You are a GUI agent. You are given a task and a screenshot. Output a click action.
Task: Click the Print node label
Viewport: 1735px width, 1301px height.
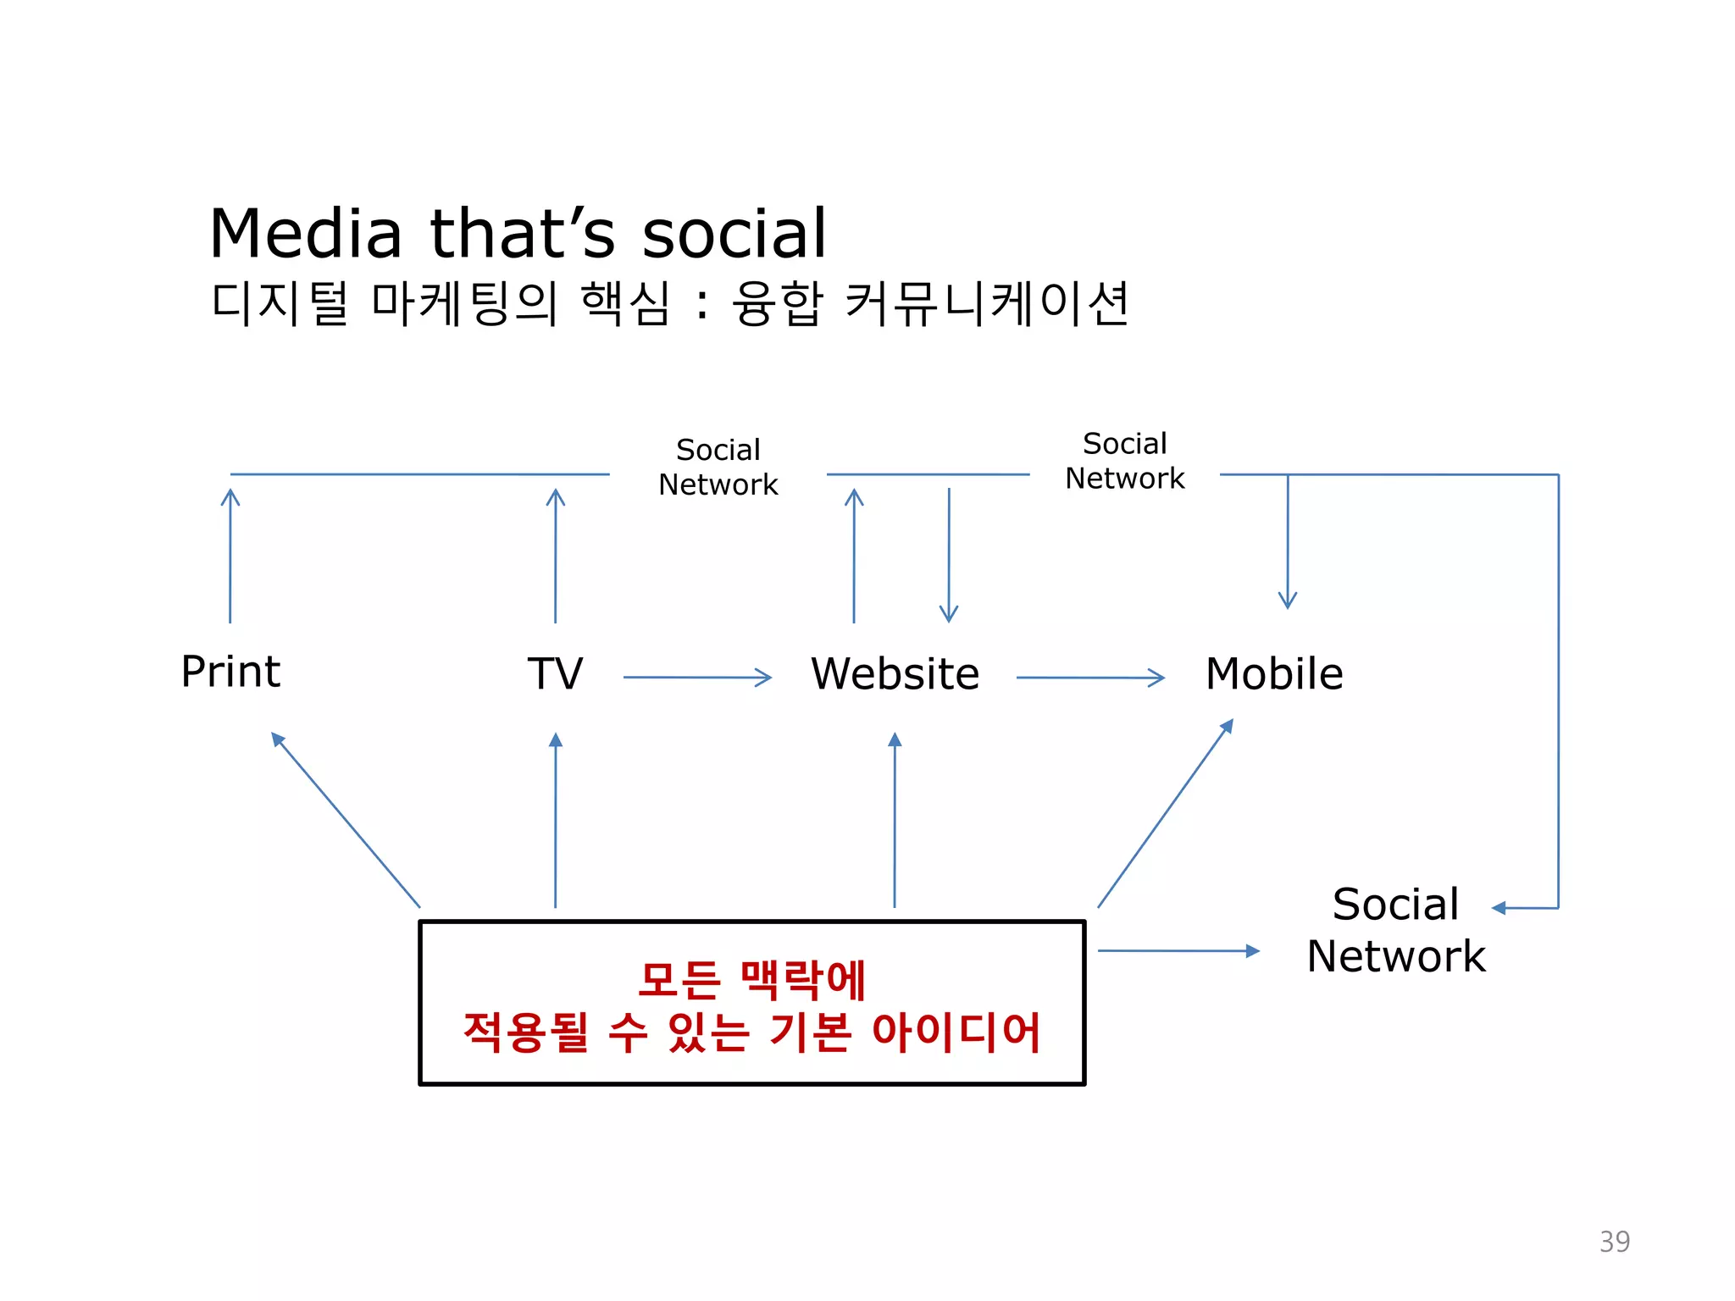(x=230, y=673)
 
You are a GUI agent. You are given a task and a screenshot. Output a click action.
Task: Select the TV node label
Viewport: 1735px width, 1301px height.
(x=555, y=674)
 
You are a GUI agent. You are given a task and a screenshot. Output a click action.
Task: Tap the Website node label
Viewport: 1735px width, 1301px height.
(x=895, y=674)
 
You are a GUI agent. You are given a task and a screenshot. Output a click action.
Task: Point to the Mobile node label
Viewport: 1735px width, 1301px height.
(x=1274, y=674)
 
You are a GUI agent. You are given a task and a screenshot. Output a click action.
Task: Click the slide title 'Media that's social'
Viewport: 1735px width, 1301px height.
(x=518, y=234)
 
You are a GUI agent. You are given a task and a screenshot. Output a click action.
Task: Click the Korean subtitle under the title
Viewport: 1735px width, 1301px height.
(x=669, y=304)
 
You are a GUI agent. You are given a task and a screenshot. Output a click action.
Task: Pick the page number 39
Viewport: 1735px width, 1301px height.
(x=1614, y=1241)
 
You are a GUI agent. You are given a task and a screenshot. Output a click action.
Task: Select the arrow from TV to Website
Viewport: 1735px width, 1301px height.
(x=697, y=678)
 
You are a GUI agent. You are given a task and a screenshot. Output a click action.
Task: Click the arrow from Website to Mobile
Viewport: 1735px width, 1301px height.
(x=1090, y=678)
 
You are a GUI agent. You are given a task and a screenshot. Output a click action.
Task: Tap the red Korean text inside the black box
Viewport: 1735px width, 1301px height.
(x=752, y=1005)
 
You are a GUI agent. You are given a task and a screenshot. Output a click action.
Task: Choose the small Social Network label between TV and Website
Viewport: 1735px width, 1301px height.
(x=718, y=467)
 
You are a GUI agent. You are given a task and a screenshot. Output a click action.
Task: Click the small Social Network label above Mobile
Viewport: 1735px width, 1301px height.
(x=1124, y=461)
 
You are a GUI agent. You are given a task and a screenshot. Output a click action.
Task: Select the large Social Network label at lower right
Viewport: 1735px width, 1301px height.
(x=1396, y=930)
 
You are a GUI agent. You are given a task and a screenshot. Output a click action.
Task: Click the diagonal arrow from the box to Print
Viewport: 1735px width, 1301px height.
(x=346, y=820)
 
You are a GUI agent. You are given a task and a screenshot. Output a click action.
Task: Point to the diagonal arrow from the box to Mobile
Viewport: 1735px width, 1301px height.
(x=1166, y=813)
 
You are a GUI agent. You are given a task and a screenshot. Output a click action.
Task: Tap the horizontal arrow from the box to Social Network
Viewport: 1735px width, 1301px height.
(x=1178, y=951)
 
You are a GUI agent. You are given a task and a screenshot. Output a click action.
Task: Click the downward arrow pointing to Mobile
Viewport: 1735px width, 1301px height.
(x=1288, y=542)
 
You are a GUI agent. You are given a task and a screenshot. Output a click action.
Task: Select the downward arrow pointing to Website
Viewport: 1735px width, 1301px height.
(x=949, y=556)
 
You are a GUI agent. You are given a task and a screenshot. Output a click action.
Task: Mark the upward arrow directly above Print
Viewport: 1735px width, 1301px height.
(x=230, y=556)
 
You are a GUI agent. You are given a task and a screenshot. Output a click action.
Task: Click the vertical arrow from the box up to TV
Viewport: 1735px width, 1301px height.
(x=556, y=820)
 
